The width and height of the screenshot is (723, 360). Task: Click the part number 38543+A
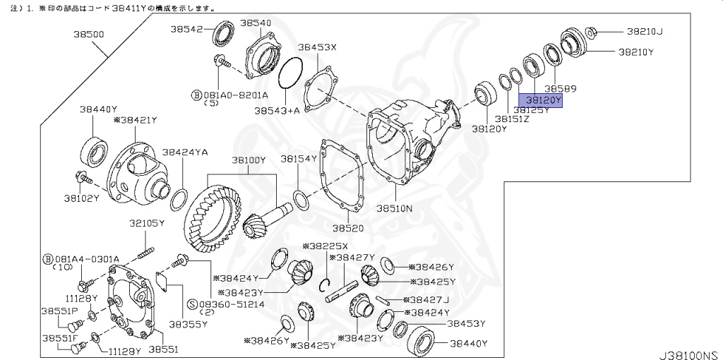click(x=277, y=111)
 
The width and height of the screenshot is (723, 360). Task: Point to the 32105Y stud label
click(x=146, y=223)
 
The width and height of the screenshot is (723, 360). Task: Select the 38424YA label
click(x=185, y=152)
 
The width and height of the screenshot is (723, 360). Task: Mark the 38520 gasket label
click(x=348, y=229)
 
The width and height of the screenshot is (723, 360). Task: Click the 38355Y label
click(x=188, y=324)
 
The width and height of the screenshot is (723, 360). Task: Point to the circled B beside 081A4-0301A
click(x=48, y=258)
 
